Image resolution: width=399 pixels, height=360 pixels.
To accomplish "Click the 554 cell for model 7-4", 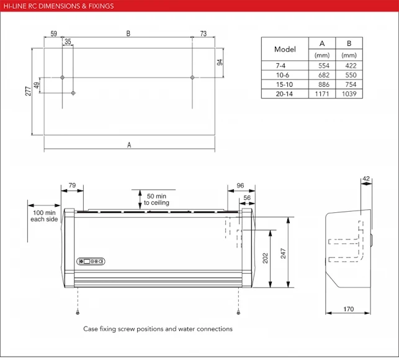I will pos(322,65).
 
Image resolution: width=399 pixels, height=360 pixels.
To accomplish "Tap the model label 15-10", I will pos(285,84).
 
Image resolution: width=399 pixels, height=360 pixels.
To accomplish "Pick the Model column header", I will pos(285,49).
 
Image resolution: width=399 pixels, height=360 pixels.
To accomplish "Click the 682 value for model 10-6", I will pos(322,74).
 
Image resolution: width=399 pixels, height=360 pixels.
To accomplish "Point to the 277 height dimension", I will pos(27,91).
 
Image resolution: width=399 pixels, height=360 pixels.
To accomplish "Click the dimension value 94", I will pos(219,63).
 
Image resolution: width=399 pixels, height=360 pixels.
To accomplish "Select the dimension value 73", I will pos(203,34).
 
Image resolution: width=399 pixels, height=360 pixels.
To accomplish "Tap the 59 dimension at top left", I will pos(53,34).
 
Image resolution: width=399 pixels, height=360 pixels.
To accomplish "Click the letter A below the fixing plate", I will pos(129,145).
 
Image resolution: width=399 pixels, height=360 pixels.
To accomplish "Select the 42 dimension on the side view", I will pos(365,179).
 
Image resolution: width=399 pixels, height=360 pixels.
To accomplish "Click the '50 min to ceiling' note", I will pos(156,199).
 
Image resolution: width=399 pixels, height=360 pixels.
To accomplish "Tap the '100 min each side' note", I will pos(43,216).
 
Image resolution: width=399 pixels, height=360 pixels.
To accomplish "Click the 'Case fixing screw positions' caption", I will pos(158,329).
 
